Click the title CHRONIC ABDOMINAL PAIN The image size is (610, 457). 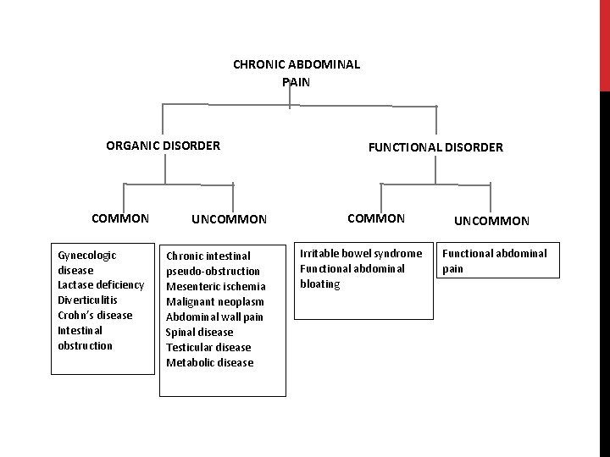[x=296, y=72]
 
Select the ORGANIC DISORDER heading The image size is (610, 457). [x=163, y=146]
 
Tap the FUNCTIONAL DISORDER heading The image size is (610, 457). [x=435, y=147]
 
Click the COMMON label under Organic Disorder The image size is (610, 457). [x=120, y=218]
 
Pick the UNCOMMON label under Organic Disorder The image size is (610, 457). [x=229, y=220]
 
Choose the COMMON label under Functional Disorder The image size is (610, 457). [x=376, y=218]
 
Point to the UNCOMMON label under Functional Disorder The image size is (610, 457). [x=492, y=221]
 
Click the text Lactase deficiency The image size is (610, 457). [x=100, y=284]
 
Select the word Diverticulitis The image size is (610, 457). [x=87, y=300]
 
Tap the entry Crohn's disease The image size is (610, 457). [x=95, y=315]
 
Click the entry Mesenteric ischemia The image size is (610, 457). [x=215, y=287]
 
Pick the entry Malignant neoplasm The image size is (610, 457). [x=214, y=302]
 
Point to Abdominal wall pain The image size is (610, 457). [x=214, y=317]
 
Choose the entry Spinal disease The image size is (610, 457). [x=199, y=333]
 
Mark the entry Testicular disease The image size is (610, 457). [x=208, y=348]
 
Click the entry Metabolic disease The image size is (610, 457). [x=209, y=363]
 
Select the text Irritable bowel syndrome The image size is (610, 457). [x=361, y=253]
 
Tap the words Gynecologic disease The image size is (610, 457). [x=86, y=262]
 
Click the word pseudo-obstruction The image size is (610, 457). [x=213, y=272]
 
